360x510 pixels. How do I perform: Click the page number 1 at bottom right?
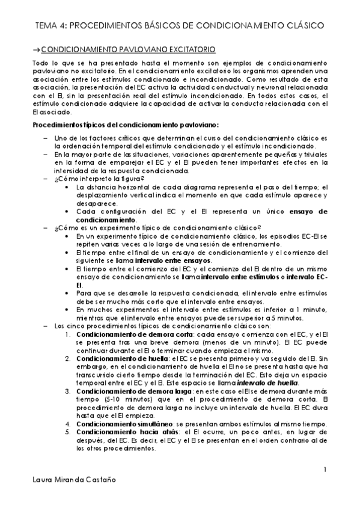325,470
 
